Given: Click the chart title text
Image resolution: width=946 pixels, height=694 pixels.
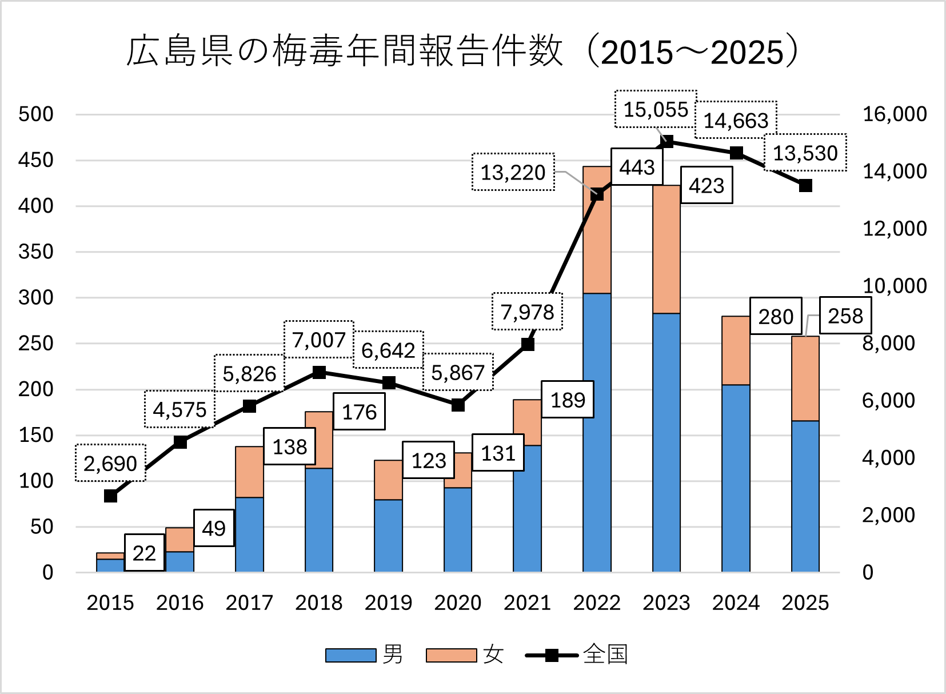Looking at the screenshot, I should point(462,52).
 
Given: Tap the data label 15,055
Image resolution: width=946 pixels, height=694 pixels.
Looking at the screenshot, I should point(656,109).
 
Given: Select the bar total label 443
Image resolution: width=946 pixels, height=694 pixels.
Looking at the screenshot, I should point(637,167).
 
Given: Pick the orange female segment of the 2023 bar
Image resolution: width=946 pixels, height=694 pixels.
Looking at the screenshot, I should point(666,249).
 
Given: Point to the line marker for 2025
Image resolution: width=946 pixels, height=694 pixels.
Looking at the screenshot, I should point(805,186).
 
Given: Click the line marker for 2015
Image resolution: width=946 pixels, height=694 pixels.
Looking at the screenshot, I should point(111,496).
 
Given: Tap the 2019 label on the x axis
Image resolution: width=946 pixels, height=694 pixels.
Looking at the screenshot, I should point(388,603).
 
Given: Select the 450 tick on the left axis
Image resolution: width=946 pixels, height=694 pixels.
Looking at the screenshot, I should point(36,160).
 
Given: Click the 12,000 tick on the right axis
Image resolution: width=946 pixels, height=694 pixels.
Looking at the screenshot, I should point(894,229).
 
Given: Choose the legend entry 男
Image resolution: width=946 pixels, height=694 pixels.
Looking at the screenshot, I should point(366,655).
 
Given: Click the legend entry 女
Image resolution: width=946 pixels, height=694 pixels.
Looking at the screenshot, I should point(466,655).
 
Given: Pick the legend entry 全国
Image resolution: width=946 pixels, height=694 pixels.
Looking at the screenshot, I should point(577,655).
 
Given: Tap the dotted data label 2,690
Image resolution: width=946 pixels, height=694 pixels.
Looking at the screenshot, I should point(110,463).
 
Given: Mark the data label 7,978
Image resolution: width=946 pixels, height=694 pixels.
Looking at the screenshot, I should point(527,312).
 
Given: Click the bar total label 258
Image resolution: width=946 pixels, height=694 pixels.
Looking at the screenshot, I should point(845,316).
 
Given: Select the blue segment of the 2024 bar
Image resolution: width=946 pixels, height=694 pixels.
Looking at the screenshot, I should point(736,477).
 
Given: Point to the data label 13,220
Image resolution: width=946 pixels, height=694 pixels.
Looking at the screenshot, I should point(513,172).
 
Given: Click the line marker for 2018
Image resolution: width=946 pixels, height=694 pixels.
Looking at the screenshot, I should point(319,373).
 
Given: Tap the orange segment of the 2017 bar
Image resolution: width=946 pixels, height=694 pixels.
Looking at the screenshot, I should point(249,472).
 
